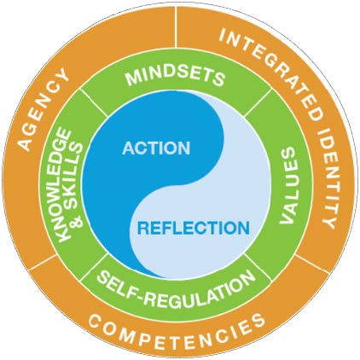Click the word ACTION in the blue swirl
click(x=156, y=148)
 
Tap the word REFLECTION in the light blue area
click(x=194, y=228)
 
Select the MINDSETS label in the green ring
click(x=176, y=77)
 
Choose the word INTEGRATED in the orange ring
click(x=270, y=70)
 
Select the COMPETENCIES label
click(x=177, y=331)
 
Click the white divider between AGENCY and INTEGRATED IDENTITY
click(x=177, y=26)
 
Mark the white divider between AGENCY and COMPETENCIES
click(x=43, y=262)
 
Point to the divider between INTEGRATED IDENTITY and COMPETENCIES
click(x=311, y=264)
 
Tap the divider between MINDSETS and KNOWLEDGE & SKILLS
click(x=94, y=103)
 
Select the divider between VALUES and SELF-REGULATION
click(x=257, y=267)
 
